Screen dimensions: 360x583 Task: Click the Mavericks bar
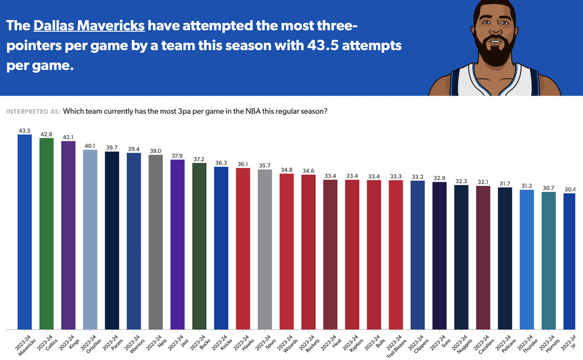(x=25, y=232)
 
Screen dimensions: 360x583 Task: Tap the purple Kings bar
(x=68, y=235)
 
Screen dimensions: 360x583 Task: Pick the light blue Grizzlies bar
(x=90, y=240)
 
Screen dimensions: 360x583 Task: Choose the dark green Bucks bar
(x=199, y=246)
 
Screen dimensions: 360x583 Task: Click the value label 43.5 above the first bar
(x=25, y=131)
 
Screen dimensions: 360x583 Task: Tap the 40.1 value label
(x=90, y=146)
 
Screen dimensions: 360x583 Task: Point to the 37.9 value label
(x=178, y=156)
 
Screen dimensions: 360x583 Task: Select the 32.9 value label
(x=439, y=178)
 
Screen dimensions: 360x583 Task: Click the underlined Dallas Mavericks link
(x=89, y=26)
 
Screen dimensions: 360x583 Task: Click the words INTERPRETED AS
(x=33, y=112)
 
